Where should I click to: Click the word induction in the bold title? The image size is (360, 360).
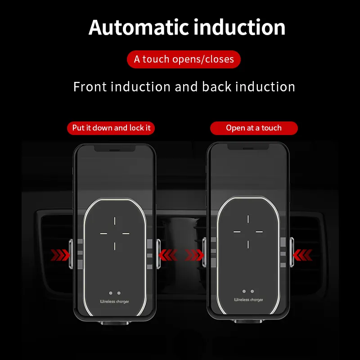[x=239, y=27]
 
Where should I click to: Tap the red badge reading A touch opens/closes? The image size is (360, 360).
[x=184, y=59]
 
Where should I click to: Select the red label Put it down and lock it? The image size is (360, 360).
[x=111, y=128]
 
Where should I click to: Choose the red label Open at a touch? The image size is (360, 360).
[x=254, y=128]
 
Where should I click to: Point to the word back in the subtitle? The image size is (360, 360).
[x=216, y=87]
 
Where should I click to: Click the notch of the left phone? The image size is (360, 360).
[x=115, y=148]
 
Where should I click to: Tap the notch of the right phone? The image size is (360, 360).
[x=248, y=147]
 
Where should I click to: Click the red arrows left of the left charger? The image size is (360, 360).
[x=60, y=255]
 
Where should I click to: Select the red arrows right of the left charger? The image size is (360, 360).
[x=168, y=255]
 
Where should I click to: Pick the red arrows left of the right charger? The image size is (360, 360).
[x=194, y=255]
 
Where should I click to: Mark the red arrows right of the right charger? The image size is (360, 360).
[x=302, y=255]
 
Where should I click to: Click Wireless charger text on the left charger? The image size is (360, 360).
[x=114, y=301]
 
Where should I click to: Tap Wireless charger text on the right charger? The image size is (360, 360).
[x=248, y=300]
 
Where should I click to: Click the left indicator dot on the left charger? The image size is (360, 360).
[x=111, y=293]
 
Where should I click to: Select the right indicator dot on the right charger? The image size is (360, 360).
[x=252, y=291]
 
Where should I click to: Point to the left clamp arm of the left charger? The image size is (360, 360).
[x=71, y=254]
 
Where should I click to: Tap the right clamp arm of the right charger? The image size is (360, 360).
[x=292, y=252]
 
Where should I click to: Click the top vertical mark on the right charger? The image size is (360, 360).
[x=248, y=219]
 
